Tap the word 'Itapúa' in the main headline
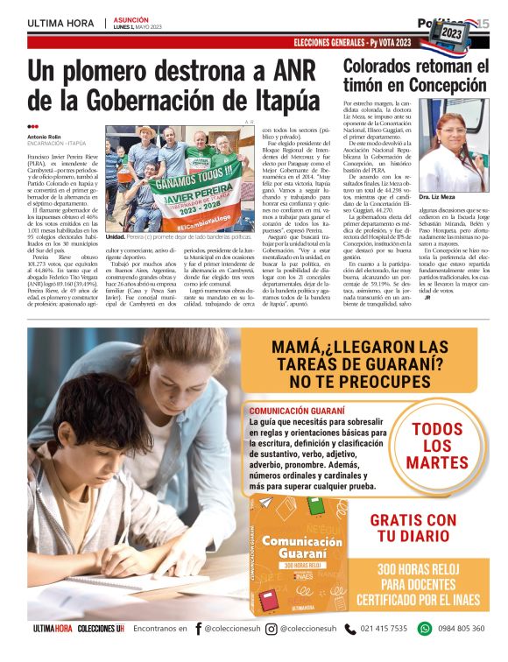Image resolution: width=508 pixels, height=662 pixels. [x=278, y=97]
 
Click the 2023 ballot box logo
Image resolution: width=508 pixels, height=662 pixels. [x=452, y=32]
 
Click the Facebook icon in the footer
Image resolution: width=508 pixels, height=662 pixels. [x=199, y=629]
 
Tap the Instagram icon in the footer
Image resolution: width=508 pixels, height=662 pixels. [x=272, y=629]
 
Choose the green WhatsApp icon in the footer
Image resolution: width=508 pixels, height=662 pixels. [x=425, y=629]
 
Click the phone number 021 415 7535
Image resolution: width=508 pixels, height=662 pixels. [x=384, y=629]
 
